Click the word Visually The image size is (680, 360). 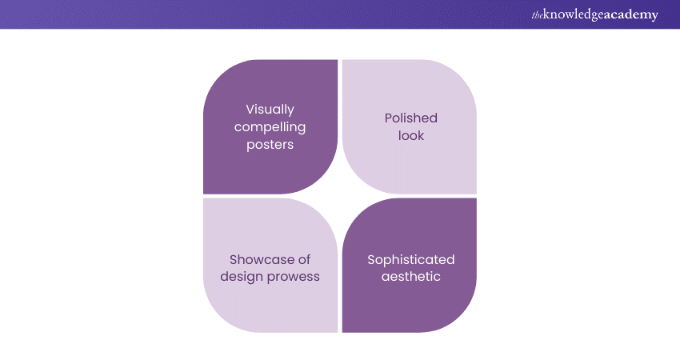[270, 110]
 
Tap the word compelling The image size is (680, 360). [270, 127]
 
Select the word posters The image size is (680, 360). [270, 145]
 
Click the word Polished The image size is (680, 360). [411, 118]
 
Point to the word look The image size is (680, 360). [411, 136]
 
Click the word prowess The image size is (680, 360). [293, 277]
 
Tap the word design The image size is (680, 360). [243, 277]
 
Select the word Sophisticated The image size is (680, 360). [411, 259]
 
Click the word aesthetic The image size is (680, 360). [411, 277]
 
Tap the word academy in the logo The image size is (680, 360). [631, 14]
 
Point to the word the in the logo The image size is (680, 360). [536, 14]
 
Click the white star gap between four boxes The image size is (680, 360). [339, 196]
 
